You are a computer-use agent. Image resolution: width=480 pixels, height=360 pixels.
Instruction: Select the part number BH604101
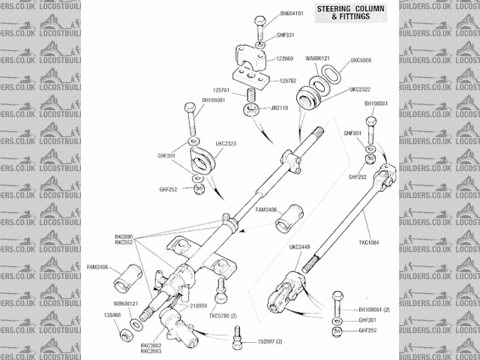292,13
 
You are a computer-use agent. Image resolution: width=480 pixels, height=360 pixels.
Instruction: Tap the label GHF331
285,34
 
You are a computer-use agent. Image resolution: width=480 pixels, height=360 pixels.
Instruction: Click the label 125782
289,80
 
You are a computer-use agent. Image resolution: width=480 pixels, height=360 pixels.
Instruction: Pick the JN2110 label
278,107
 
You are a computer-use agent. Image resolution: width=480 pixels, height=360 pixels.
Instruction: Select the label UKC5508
361,60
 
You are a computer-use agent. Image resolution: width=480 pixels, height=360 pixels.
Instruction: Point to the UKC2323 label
226,143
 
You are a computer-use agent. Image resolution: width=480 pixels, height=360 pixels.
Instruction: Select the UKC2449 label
300,246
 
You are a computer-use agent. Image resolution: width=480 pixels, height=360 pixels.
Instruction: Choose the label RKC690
124,236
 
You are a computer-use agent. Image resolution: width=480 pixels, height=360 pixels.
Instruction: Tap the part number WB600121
127,304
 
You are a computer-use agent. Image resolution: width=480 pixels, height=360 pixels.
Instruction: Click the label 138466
112,315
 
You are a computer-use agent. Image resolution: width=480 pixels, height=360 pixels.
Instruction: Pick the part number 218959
199,306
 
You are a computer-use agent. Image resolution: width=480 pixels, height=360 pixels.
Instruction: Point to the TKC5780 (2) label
223,315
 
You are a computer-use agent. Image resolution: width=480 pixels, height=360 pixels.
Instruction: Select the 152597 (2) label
268,341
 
